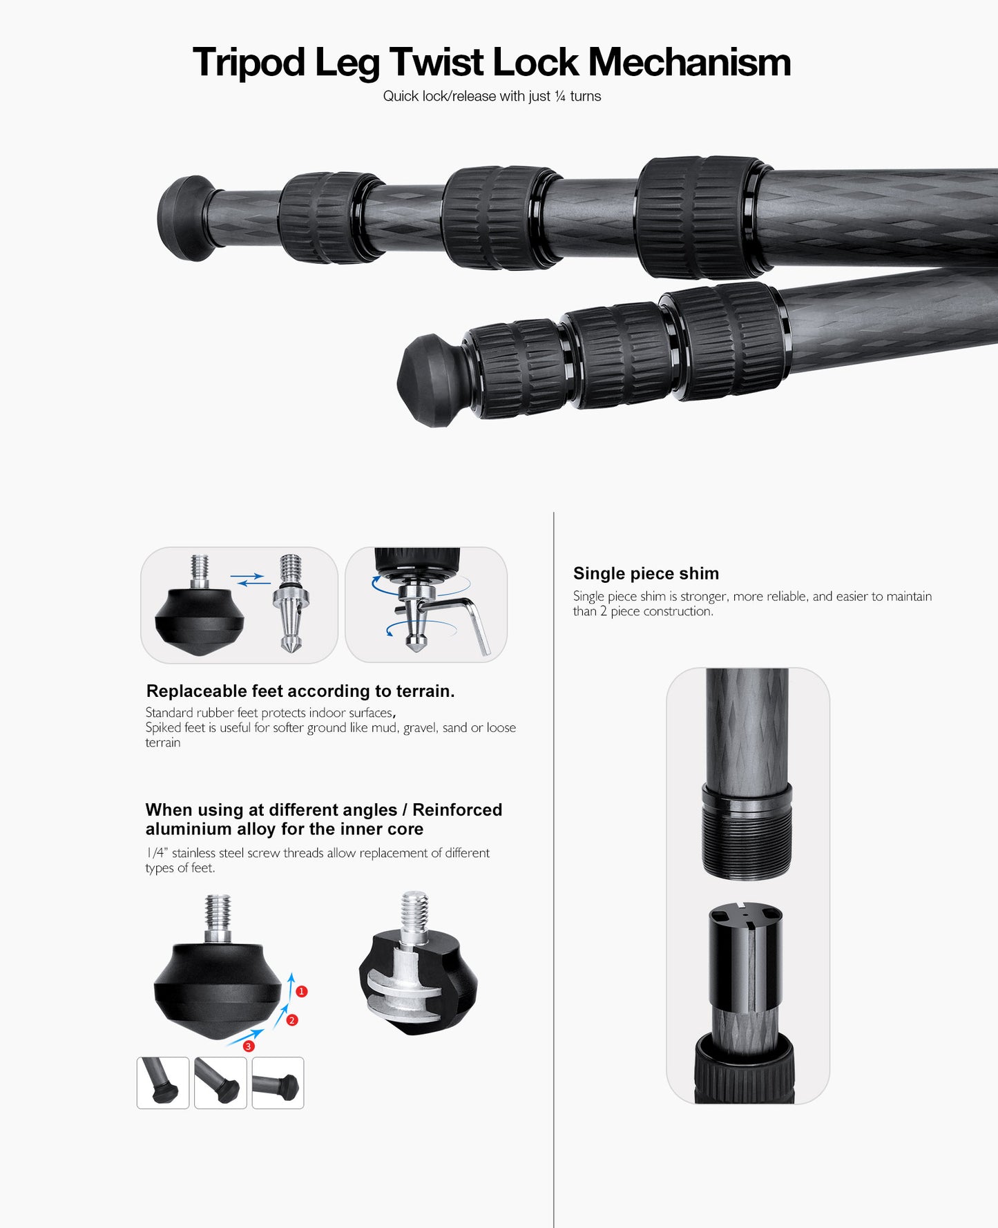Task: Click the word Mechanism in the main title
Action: coord(689,62)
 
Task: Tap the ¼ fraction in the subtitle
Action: coord(560,96)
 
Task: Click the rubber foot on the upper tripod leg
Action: coord(185,218)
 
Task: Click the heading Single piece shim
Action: coord(646,573)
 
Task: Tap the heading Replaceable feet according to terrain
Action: coord(300,691)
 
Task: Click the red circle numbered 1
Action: coord(302,991)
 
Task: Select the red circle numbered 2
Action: coord(292,1020)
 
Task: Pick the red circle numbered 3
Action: coord(249,1046)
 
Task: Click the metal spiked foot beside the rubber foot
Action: coord(291,603)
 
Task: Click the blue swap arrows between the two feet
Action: coord(250,579)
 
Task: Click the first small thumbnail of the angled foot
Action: coord(163,1083)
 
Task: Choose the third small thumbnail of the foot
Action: coord(278,1083)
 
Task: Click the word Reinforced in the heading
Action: coord(457,809)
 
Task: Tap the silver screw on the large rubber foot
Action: coord(218,919)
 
